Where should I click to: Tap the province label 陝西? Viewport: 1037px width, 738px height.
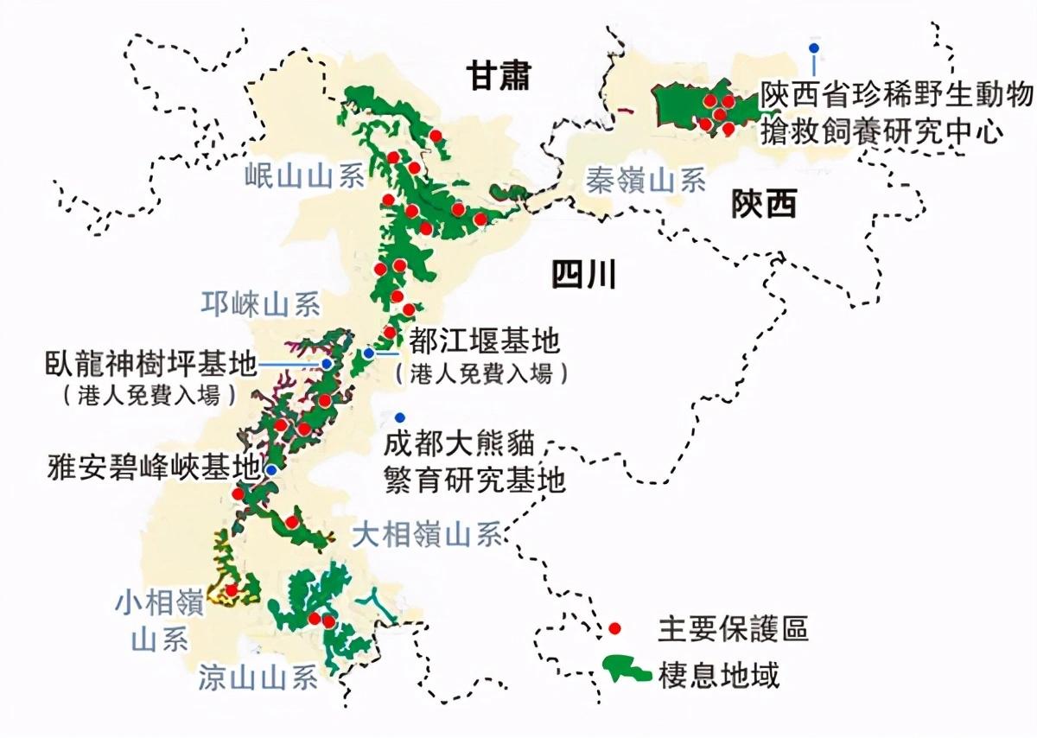(x=763, y=205)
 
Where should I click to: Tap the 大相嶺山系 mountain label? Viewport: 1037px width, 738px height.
(x=428, y=536)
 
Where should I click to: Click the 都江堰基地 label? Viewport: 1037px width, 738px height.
(x=484, y=343)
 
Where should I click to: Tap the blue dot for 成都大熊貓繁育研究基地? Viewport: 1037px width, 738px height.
(x=399, y=417)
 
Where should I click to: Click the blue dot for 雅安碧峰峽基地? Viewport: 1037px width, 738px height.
(x=271, y=470)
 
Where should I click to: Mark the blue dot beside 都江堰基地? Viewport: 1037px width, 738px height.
(x=369, y=353)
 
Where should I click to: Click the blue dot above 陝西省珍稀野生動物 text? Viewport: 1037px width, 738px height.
(x=812, y=48)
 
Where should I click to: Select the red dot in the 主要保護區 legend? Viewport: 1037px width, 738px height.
(x=614, y=627)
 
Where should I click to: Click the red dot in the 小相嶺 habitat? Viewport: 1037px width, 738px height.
(x=231, y=590)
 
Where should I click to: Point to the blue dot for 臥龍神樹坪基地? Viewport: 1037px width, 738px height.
(x=327, y=365)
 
